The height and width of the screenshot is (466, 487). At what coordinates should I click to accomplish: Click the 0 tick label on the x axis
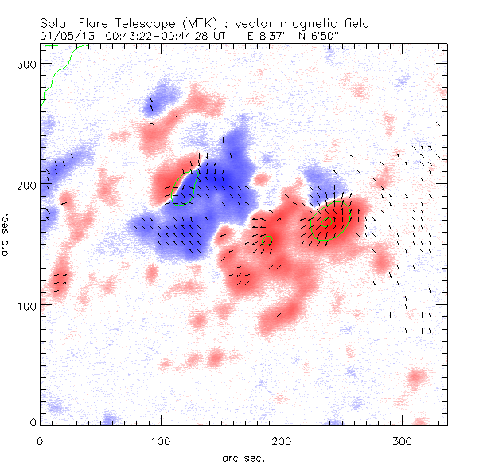point(40,440)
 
